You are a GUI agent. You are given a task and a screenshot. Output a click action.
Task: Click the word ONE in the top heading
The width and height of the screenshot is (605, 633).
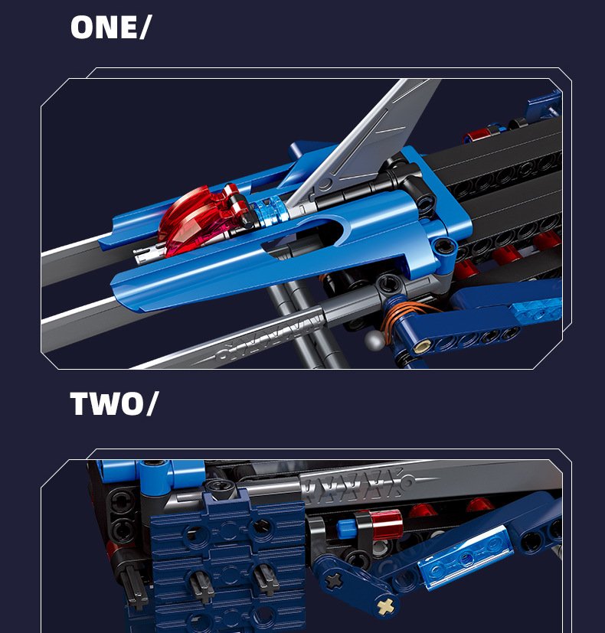[104, 28]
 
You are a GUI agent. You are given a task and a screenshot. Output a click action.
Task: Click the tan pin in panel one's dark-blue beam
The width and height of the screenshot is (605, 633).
[422, 346]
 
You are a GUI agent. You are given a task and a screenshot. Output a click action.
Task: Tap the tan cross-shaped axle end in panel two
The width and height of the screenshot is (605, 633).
[385, 605]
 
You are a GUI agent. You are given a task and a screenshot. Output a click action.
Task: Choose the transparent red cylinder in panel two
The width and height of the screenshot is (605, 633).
[386, 524]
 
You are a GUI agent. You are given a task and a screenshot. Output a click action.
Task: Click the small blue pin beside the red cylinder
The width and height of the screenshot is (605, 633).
[345, 527]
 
